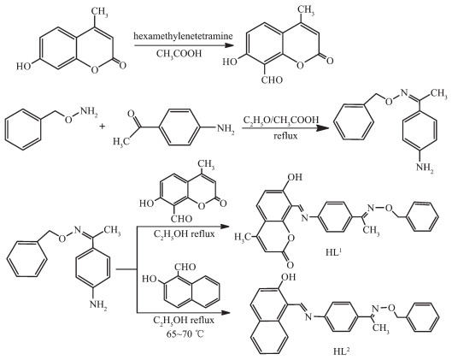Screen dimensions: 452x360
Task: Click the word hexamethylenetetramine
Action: point(183,36)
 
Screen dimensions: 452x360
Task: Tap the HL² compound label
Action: point(342,351)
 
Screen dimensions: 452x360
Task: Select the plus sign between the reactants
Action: point(102,126)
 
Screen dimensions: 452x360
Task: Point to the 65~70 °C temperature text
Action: point(185,333)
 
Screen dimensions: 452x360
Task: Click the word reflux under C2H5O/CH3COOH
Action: point(285,136)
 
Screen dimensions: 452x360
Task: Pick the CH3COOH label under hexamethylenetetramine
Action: point(179,54)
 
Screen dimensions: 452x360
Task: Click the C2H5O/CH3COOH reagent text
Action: point(281,120)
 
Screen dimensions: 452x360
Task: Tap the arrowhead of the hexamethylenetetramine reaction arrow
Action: point(229,45)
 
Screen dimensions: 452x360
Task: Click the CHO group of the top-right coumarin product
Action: point(272,80)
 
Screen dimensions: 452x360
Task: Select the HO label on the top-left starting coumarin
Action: point(24,67)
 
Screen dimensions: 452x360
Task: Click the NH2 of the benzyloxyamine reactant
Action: point(89,112)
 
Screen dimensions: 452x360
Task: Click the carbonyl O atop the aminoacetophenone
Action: point(132,114)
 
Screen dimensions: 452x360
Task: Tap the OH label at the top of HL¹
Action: point(295,177)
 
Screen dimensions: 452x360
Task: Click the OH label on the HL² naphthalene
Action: point(288,277)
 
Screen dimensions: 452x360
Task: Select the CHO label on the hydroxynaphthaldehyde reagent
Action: point(185,267)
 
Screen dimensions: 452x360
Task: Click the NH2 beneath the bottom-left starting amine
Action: point(98,304)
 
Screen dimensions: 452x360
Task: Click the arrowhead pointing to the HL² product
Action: point(226,313)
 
